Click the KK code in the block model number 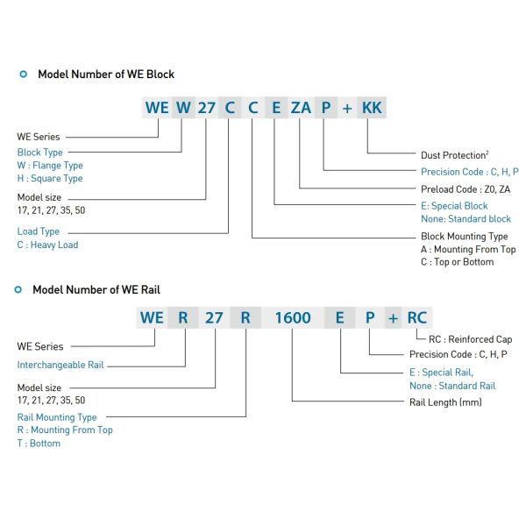pos(372,108)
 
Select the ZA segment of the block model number pos(301,108)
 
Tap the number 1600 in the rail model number pos(293,317)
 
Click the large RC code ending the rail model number pos(416,317)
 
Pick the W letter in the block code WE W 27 pos(182,108)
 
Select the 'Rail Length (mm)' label pos(445,402)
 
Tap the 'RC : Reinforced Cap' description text pos(469,339)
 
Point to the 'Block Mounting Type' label pos(464,237)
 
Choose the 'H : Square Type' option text pos(50,178)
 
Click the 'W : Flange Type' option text pos(50,165)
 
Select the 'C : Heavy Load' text pos(47,245)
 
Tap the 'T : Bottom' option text pos(39,443)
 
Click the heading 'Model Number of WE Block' pos(105,75)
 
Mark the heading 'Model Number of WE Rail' pos(96,289)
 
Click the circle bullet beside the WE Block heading pos(23,75)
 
